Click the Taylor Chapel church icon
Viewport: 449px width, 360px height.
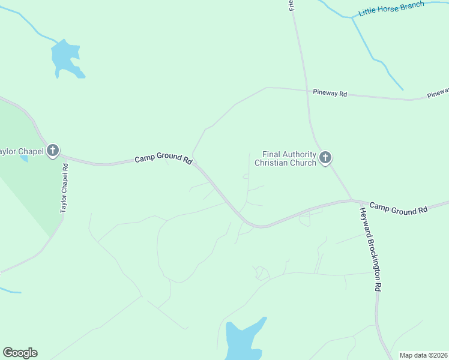(x=53, y=151)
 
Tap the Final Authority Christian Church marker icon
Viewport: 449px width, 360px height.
(x=325, y=158)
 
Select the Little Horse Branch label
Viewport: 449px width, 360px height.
(x=391, y=8)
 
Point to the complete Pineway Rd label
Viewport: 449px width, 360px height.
(x=330, y=94)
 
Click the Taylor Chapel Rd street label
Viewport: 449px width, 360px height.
(x=65, y=188)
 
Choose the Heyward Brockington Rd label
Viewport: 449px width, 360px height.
(x=370, y=249)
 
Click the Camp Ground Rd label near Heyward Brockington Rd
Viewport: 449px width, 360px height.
(x=398, y=208)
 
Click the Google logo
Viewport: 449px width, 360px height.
(x=20, y=353)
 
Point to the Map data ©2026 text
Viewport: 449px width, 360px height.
(x=424, y=355)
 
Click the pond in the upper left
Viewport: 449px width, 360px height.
(x=65, y=58)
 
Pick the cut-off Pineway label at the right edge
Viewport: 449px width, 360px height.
(x=438, y=93)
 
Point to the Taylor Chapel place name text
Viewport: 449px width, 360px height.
(x=22, y=151)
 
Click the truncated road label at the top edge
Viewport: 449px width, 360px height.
(x=292, y=5)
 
